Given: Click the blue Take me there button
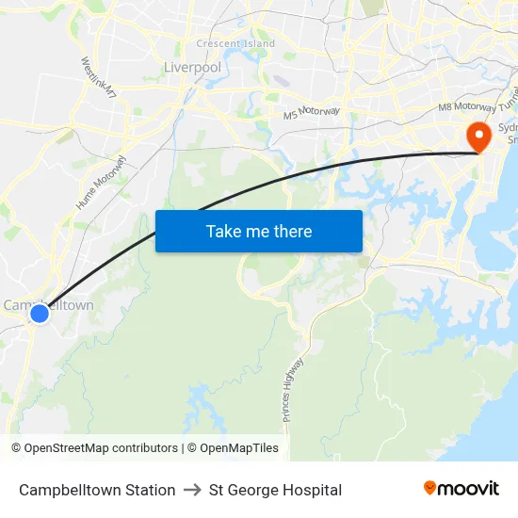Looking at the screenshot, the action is (x=259, y=231).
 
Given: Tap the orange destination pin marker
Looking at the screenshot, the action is (x=478, y=137).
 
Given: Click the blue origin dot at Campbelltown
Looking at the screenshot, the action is (x=40, y=313).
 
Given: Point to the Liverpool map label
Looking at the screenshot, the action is (x=192, y=68).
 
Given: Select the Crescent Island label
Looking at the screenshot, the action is (x=235, y=44).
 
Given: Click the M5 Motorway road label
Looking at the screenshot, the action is (x=312, y=113).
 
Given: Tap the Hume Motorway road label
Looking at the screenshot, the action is (x=98, y=184).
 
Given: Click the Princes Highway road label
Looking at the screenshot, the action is (x=293, y=389).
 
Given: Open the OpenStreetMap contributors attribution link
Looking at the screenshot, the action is (x=95, y=448).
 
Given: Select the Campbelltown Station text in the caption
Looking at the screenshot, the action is (x=97, y=490).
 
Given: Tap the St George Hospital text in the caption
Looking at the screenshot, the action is (x=275, y=490).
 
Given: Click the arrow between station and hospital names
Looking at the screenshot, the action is (x=192, y=490).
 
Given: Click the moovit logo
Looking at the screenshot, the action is (x=461, y=488).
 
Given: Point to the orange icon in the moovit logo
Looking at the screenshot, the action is (x=430, y=488).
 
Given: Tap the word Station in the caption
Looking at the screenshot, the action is (x=150, y=490).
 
